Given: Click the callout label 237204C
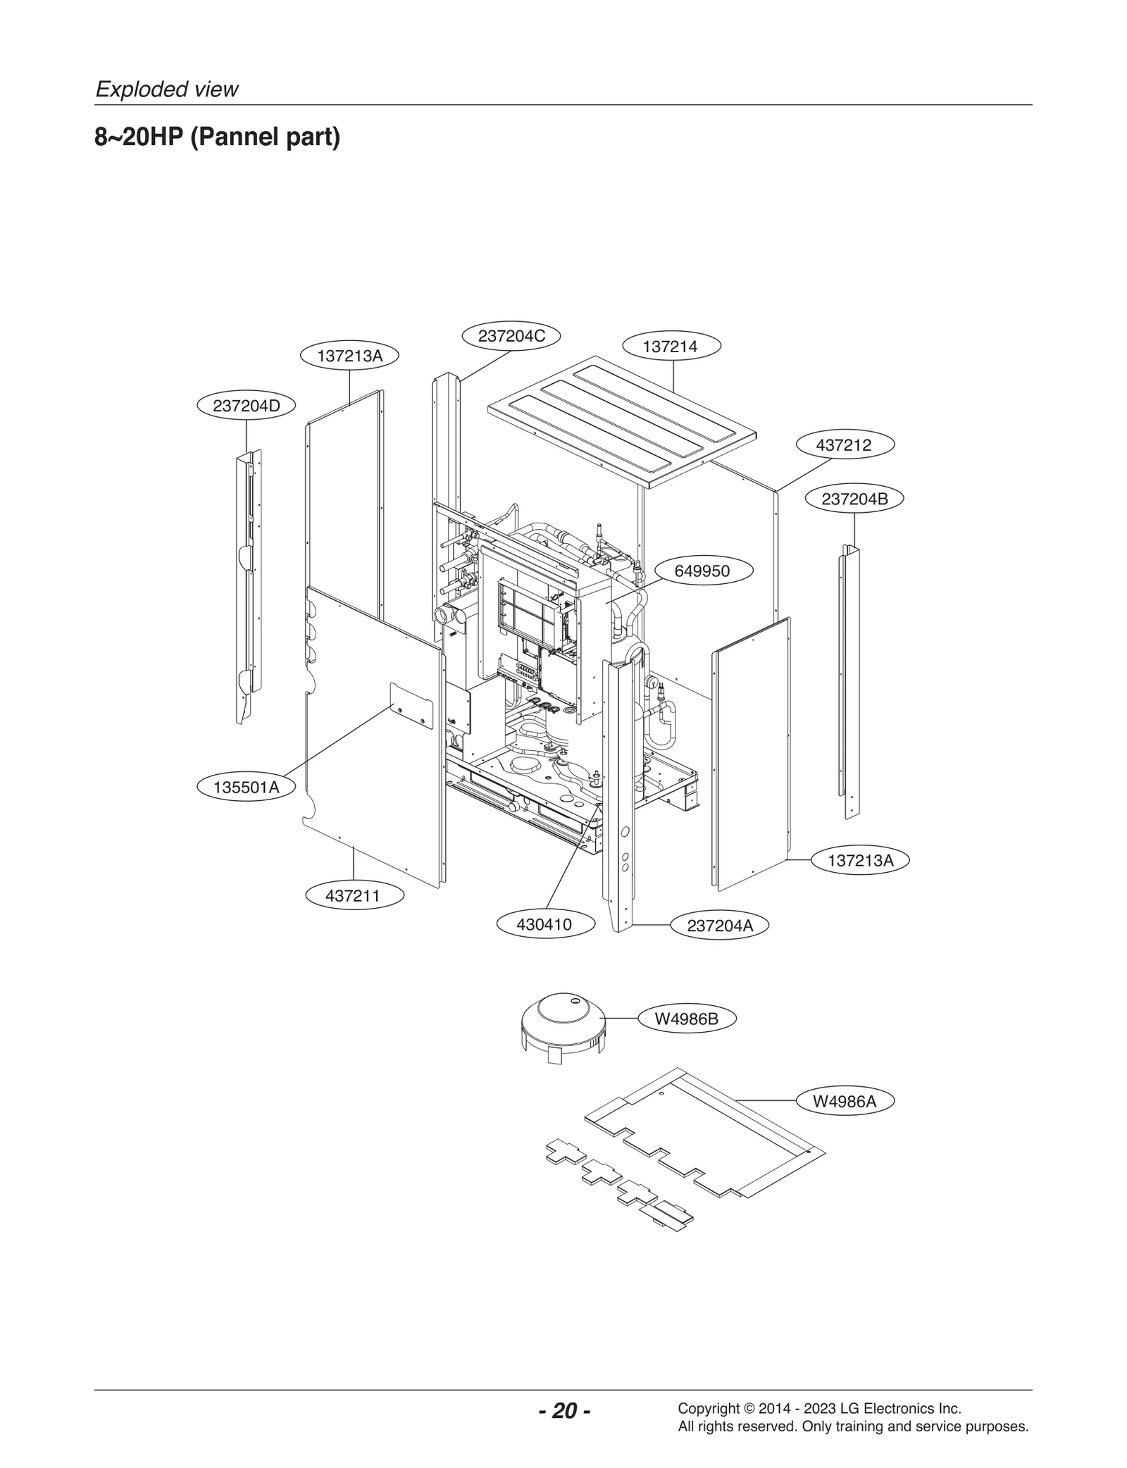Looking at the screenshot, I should click(511, 336).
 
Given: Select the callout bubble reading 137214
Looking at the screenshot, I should click(671, 347).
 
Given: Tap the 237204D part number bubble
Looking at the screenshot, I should click(246, 406).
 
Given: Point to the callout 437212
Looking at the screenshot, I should click(844, 445).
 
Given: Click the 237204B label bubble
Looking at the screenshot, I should click(854, 499).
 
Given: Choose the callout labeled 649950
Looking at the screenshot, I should click(702, 571).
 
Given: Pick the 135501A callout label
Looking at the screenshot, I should click(246, 788).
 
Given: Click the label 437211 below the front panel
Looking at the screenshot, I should click(354, 896).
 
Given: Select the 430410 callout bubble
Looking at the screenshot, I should click(544, 924).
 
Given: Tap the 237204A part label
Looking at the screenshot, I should click(719, 926).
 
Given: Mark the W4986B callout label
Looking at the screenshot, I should click(686, 1019).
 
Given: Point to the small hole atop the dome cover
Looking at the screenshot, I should click(575, 1001).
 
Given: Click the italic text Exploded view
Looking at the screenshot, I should click(167, 89).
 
